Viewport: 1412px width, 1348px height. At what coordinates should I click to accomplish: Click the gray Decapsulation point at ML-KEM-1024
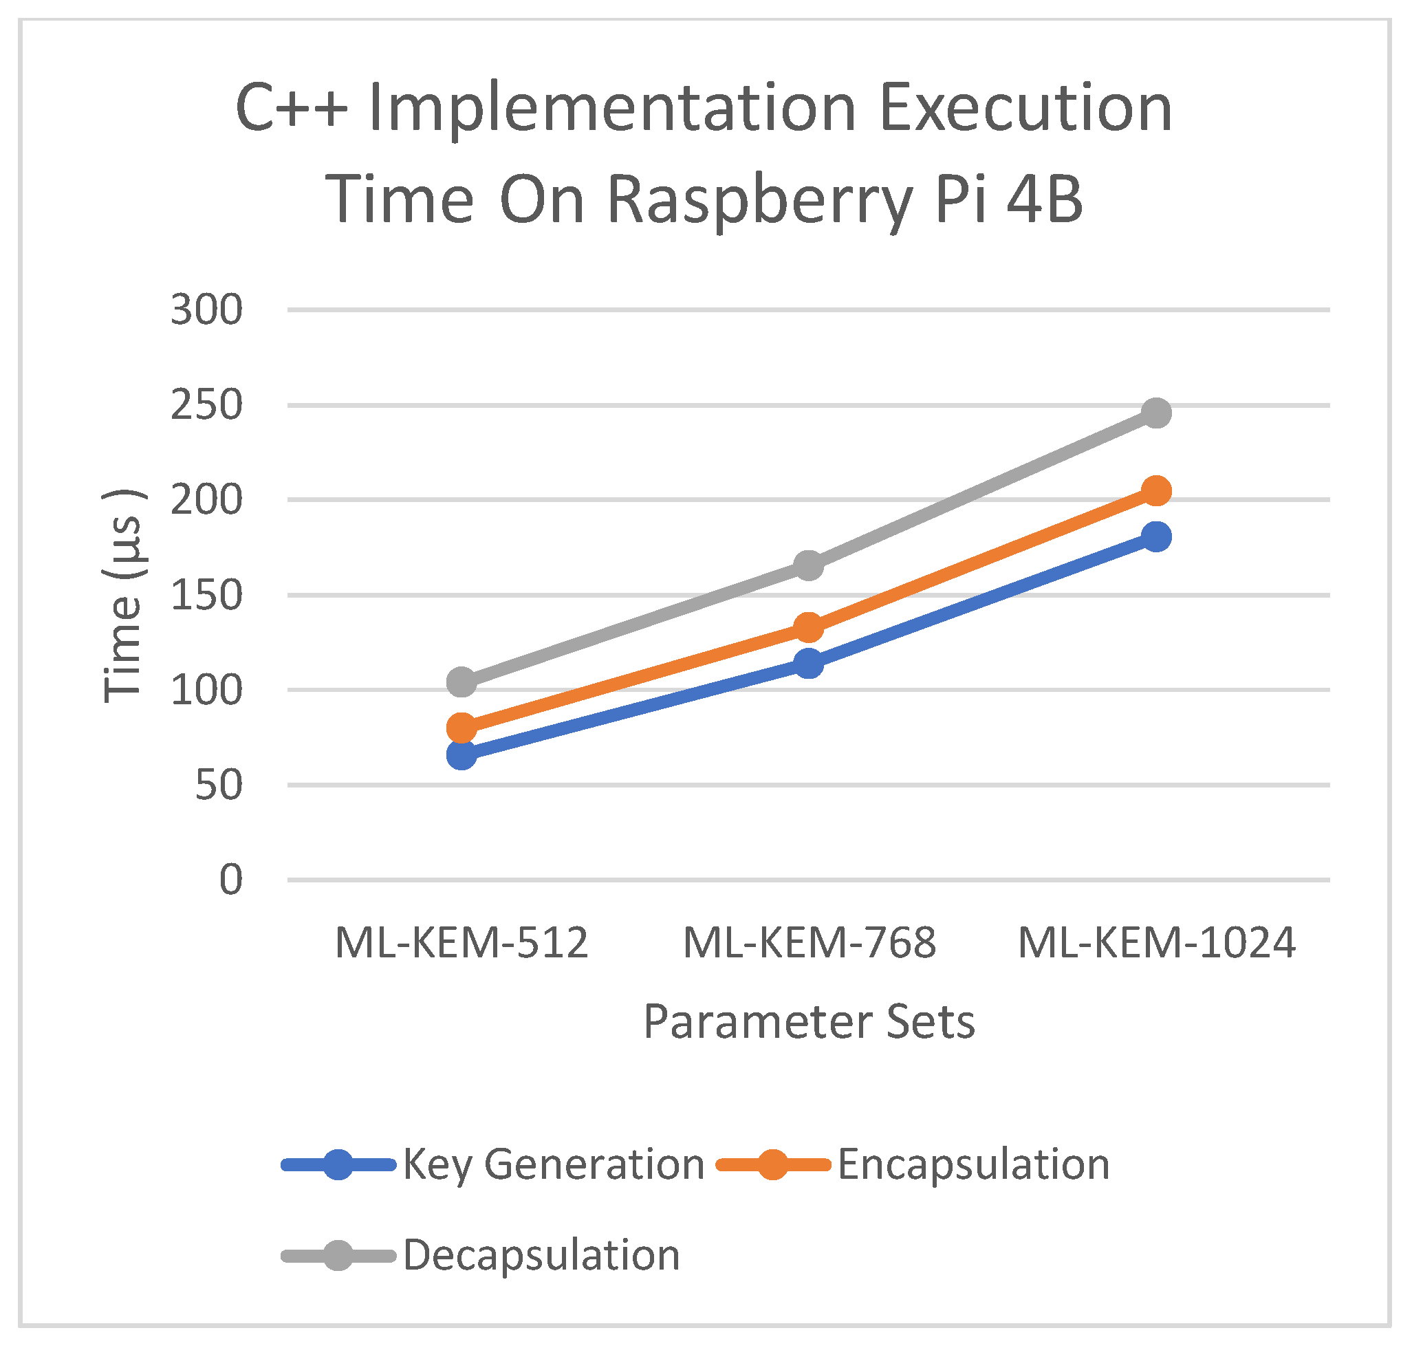tap(1155, 413)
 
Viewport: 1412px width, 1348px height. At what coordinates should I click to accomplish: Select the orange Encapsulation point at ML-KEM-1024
tap(1155, 491)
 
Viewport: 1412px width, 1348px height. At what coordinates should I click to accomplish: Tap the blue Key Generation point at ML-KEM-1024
tap(1155, 536)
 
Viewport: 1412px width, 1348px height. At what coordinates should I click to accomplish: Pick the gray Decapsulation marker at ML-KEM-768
tap(808, 565)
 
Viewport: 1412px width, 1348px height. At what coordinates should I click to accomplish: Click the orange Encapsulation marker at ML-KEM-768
tap(808, 628)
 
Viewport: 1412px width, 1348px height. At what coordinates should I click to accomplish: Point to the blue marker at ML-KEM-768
tap(808, 663)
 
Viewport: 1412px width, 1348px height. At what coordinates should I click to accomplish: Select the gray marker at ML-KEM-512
tap(461, 682)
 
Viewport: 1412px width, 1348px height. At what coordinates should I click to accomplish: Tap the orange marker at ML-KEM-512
tap(461, 728)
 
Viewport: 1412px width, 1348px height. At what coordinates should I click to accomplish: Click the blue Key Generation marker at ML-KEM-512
tap(461, 754)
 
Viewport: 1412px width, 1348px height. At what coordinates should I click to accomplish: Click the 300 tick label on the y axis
tap(206, 310)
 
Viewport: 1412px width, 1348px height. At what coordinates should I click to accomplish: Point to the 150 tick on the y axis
tap(206, 596)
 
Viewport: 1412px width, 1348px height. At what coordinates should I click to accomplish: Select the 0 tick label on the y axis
tap(230, 880)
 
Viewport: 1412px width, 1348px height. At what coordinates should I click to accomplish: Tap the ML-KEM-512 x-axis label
tap(461, 943)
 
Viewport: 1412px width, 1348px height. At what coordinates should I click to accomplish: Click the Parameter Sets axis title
tap(809, 1021)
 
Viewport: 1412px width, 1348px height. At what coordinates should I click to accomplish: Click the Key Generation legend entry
tap(552, 1164)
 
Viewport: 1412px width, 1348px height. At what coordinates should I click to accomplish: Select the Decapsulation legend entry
tap(541, 1255)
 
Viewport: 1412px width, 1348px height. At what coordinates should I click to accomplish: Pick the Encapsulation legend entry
tap(973, 1164)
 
